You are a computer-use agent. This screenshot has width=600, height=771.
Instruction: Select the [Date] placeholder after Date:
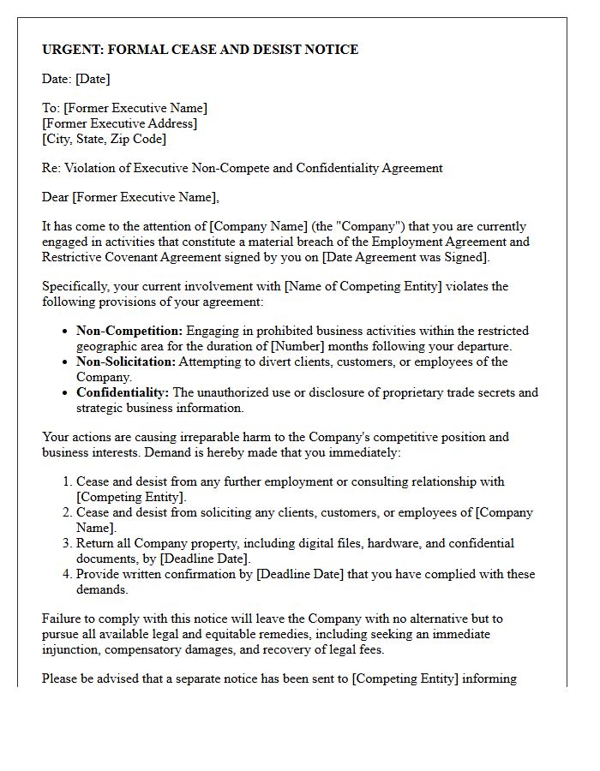(93, 79)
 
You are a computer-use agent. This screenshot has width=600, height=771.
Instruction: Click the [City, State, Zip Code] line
(104, 139)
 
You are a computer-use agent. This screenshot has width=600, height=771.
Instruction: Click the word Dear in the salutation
(56, 197)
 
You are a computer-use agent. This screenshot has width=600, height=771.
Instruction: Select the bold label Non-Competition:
(129, 331)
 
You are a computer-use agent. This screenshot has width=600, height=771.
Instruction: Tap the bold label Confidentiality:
(123, 392)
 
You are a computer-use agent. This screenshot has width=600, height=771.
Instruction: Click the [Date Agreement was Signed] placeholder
(404, 257)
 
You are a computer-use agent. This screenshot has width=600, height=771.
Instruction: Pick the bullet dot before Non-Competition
(66, 332)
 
